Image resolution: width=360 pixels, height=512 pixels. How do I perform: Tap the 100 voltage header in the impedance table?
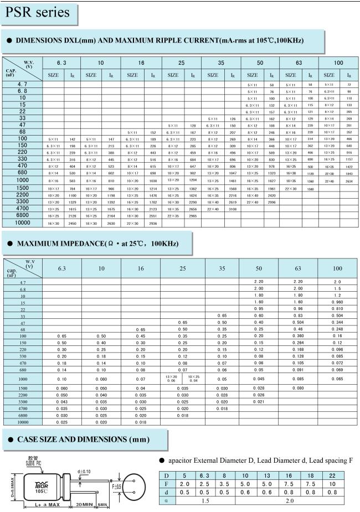click(337, 268)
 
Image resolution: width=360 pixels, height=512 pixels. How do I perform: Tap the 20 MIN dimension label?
click(85, 505)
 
